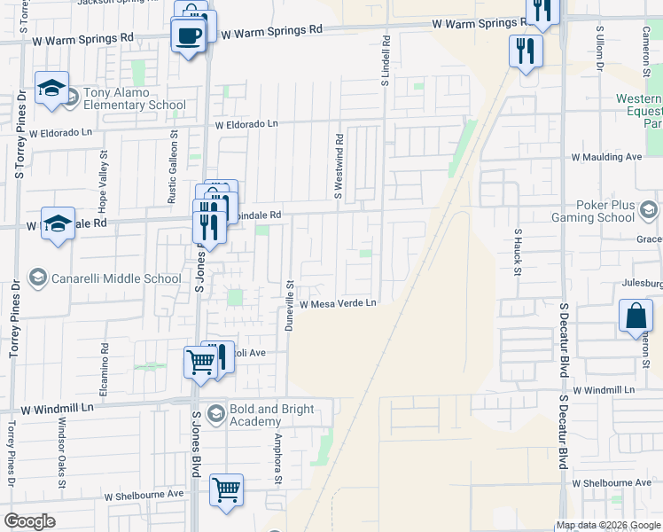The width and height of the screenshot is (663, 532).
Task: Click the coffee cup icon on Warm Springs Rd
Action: pos(188,36)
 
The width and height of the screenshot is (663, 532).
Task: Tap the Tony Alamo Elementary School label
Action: pos(135,98)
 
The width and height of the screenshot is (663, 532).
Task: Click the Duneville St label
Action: pos(289,305)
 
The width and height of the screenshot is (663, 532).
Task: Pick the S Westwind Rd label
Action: pos(339,166)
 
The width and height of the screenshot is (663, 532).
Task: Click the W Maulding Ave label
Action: pos(606,157)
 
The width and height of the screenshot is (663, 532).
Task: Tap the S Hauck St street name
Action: pos(518,252)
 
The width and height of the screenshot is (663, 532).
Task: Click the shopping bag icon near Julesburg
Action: pos(636,317)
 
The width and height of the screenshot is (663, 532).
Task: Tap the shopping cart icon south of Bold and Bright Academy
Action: pos(226,489)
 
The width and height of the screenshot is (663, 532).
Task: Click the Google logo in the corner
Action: pos(30,521)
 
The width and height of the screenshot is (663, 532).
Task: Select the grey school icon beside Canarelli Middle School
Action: pos(38,278)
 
